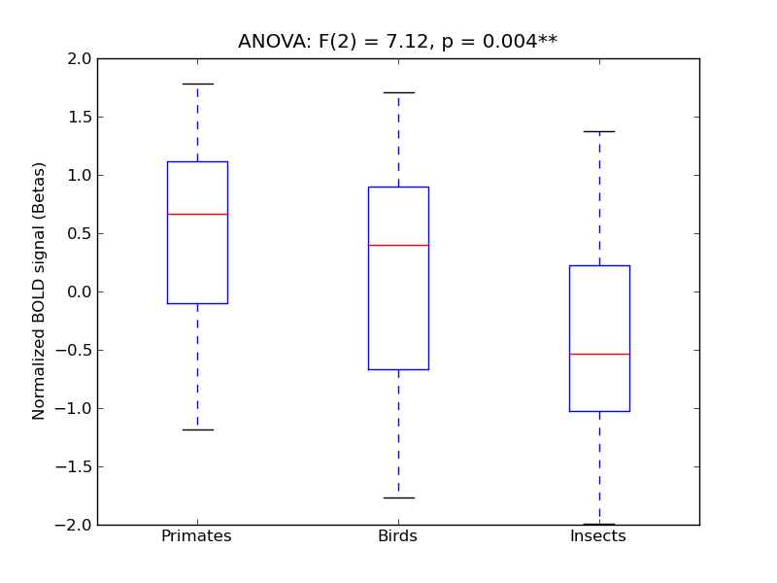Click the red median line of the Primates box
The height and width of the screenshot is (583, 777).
[197, 214]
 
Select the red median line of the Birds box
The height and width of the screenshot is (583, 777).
[398, 245]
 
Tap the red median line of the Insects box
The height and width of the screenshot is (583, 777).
[599, 354]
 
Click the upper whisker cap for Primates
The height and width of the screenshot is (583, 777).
[197, 84]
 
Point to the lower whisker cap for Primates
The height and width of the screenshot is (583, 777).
[197, 429]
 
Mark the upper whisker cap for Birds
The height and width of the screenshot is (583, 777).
[398, 92]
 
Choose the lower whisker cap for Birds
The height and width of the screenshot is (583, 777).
[398, 497]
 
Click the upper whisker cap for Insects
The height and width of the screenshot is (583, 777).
[599, 131]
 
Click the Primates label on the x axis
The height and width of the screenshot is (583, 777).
[196, 536]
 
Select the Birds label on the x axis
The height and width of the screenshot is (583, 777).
[397, 536]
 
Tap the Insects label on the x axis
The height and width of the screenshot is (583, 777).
[597, 536]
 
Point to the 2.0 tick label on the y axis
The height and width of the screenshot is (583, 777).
[80, 58]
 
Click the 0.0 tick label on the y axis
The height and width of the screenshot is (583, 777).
[80, 291]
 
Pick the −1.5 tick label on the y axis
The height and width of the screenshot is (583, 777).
[76, 466]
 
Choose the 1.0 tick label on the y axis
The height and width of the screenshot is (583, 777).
[80, 175]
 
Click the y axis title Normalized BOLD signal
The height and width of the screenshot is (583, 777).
[40, 291]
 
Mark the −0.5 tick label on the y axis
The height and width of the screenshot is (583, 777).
[76, 350]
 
